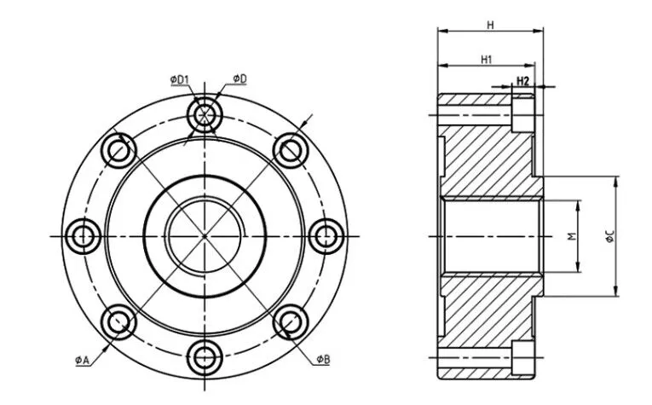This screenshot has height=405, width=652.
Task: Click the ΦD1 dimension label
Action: coord(179,79)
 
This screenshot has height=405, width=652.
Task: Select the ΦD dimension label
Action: coord(239,79)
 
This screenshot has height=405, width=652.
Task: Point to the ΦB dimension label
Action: coord(322,360)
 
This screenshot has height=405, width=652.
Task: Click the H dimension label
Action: coord(490,25)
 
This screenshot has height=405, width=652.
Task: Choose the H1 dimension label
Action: coord(486,59)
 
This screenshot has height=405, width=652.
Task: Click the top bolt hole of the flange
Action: coord(205,113)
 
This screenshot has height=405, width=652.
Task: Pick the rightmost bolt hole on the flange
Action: coord(326,234)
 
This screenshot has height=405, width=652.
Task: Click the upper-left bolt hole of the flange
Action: coord(118,149)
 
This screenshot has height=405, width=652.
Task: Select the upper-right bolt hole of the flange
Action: coord(291,149)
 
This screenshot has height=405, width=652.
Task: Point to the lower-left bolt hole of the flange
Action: coord(118,321)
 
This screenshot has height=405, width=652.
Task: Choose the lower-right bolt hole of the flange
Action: coord(291,321)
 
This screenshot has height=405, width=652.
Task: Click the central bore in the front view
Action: coord(205,234)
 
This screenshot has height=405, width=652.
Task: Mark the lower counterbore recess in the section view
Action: coord(523,357)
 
